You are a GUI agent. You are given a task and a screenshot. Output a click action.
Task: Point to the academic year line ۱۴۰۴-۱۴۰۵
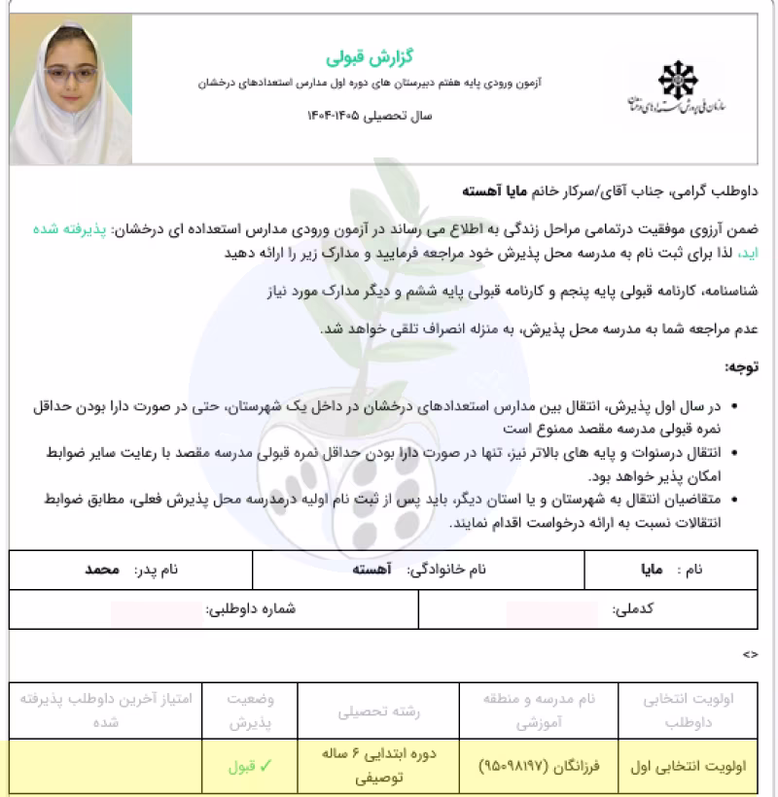click(x=369, y=116)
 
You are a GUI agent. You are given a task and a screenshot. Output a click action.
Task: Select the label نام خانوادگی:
click(x=443, y=571)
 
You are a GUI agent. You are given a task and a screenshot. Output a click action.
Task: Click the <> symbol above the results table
click(x=750, y=655)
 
